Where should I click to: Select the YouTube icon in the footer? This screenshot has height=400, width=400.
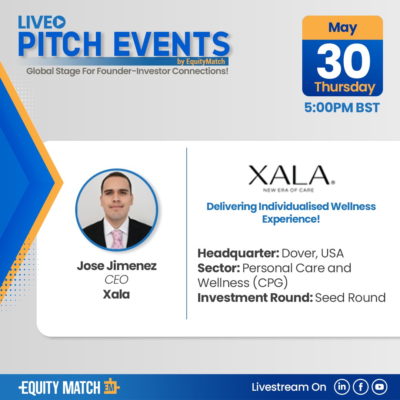[379, 387]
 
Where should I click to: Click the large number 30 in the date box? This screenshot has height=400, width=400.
[342, 61]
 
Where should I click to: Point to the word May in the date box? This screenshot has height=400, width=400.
[342, 28]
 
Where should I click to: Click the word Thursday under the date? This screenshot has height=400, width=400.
[344, 87]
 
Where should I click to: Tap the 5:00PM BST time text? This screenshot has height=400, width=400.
[342, 108]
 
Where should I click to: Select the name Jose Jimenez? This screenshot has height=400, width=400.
[117, 266]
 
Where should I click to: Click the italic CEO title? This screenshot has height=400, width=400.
[116, 280]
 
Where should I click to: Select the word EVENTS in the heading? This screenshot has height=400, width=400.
[170, 45]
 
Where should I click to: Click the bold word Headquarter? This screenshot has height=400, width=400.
[238, 253]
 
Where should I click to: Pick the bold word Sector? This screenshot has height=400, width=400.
[218, 268]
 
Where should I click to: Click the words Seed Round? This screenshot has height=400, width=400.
[350, 297]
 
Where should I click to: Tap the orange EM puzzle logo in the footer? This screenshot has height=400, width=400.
[111, 387]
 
